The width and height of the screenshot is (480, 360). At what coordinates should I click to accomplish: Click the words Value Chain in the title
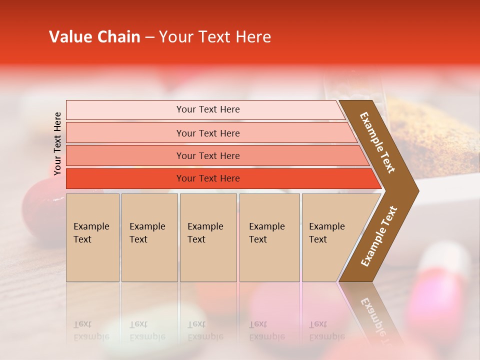pos(94,37)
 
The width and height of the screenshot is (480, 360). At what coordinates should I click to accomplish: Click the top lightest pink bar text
pos(208,109)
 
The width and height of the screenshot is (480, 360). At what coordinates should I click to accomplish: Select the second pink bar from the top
pos(208,133)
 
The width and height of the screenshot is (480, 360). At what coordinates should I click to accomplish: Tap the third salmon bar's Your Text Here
pos(208,156)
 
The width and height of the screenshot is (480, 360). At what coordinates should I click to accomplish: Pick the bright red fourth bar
pos(208,178)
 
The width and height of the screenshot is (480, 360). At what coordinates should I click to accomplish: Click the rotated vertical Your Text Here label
pos(57,143)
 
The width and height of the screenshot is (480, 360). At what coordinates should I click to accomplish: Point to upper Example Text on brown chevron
pos(378,142)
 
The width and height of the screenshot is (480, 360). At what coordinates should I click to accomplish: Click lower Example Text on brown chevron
pos(379,236)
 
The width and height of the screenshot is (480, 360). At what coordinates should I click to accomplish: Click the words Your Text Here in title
pos(215,37)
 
